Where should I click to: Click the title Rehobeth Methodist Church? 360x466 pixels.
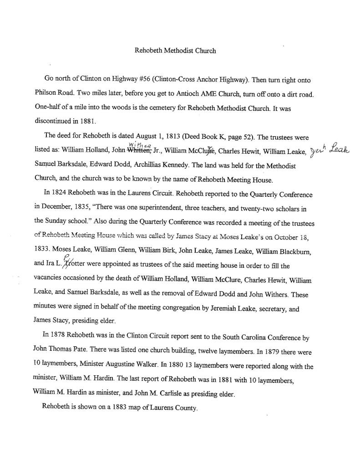click(x=175, y=51)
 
